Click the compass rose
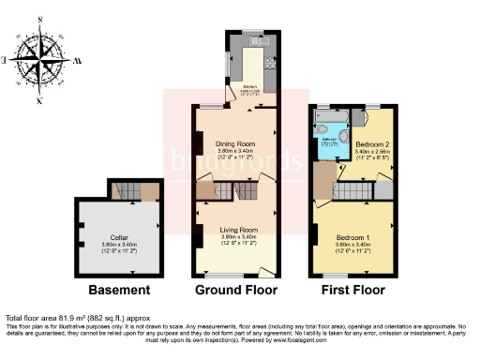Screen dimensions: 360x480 pos(38,58)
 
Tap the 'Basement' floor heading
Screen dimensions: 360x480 pos(119,290)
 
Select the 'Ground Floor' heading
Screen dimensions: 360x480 pos(237,290)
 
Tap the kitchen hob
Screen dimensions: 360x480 pos(271,66)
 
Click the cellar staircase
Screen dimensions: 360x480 pos(124,192)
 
